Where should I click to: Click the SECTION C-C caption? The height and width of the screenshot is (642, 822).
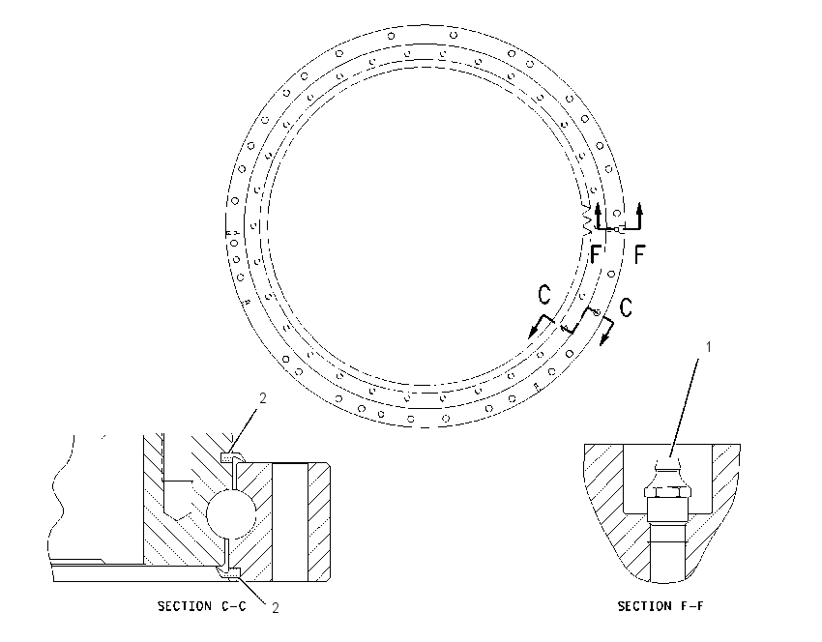pyautogui.click(x=201, y=606)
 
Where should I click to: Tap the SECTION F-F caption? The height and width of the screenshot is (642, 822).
pyautogui.click(x=660, y=606)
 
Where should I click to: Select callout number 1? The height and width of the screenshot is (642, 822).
pyautogui.click(x=709, y=347)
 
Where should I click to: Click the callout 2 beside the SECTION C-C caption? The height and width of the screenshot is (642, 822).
pyautogui.click(x=276, y=607)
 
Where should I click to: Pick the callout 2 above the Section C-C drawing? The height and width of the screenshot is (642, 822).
pyautogui.click(x=263, y=398)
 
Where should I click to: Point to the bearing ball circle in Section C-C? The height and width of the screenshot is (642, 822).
pyautogui.click(x=231, y=513)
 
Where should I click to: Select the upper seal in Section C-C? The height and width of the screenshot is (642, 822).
pyautogui.click(x=232, y=457)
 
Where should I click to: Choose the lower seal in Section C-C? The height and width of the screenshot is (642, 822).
pyautogui.click(x=229, y=572)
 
